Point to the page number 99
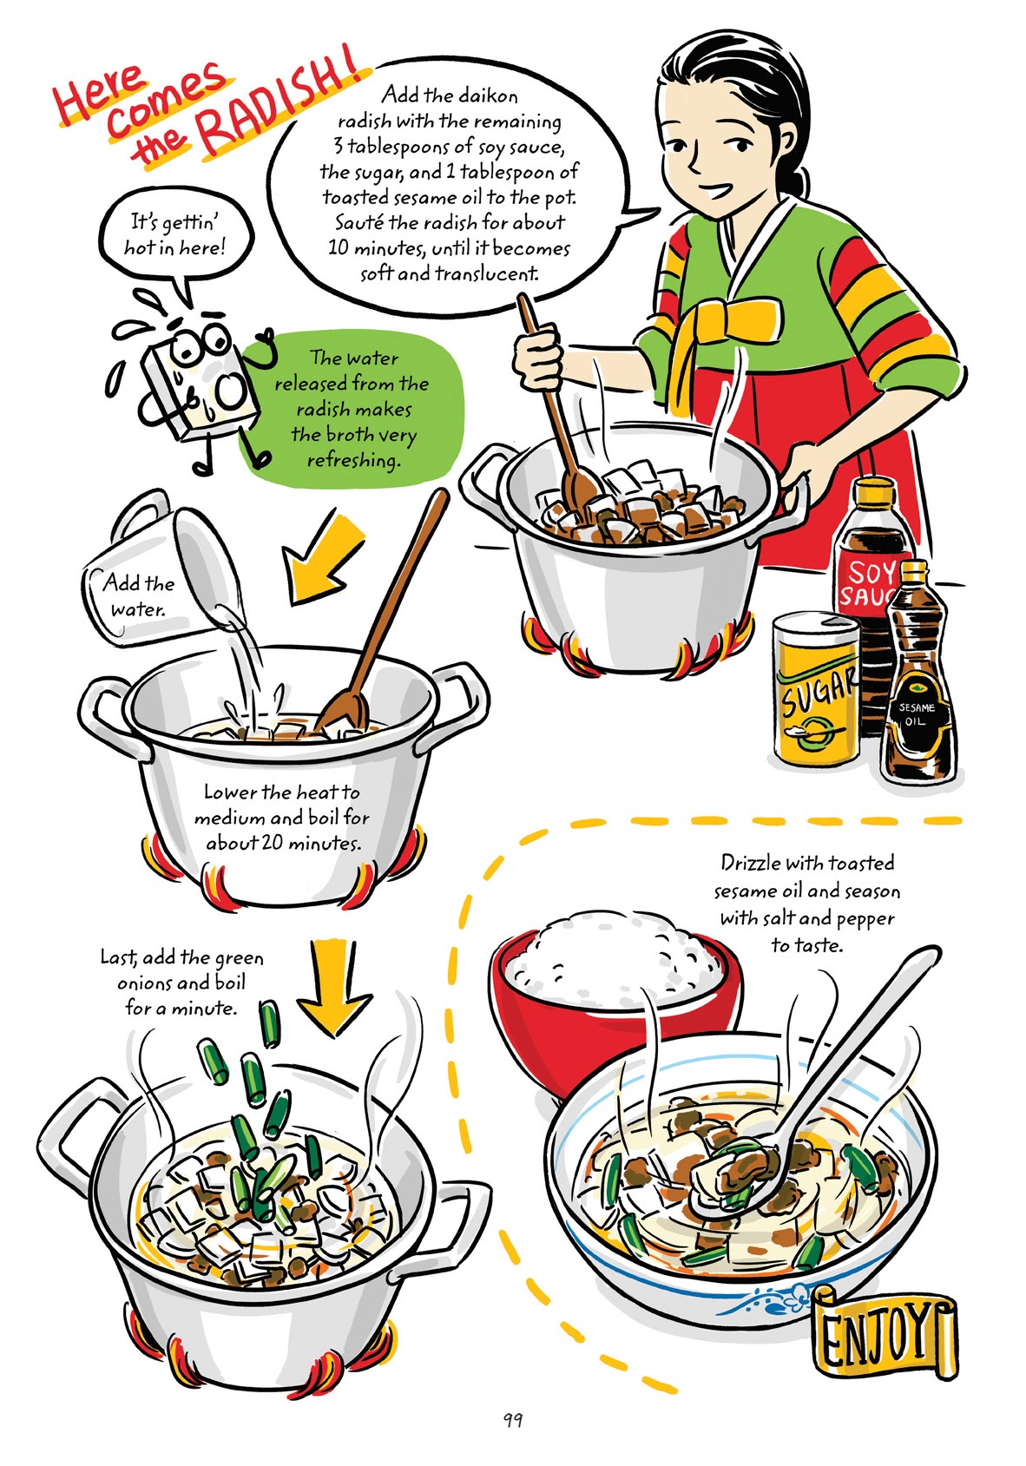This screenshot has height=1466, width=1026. click(x=512, y=1421)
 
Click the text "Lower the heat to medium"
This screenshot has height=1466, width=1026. click(x=281, y=805)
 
